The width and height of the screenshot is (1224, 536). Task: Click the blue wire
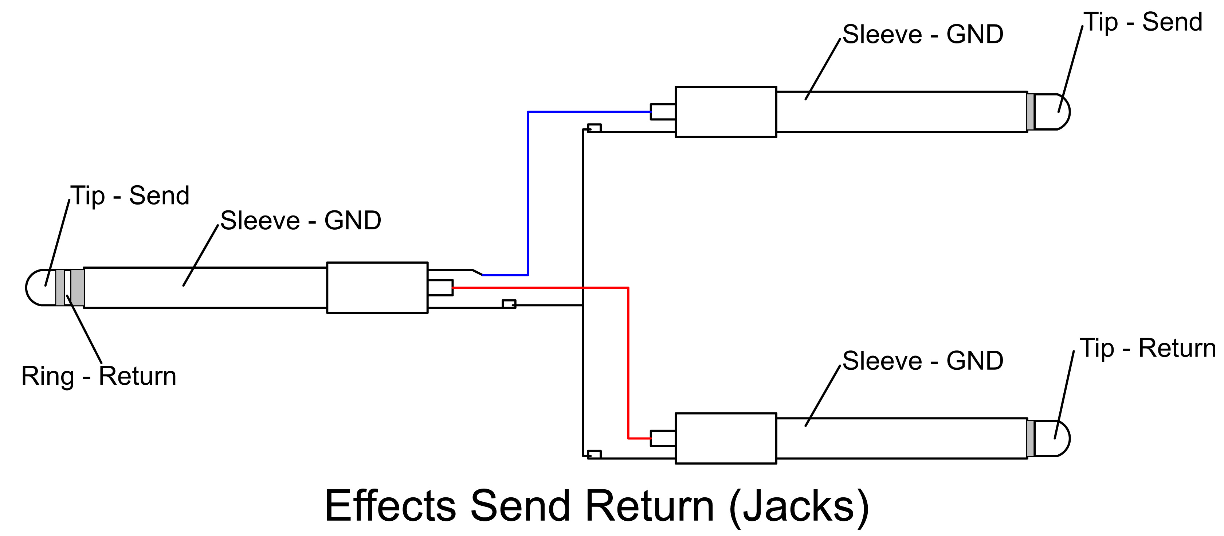pos(528,190)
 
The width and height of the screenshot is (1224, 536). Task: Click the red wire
pos(628,361)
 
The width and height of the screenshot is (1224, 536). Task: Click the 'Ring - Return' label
pos(99,376)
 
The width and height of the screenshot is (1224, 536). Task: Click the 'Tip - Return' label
pos(1147,348)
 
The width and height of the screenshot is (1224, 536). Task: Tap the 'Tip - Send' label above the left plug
pos(130,195)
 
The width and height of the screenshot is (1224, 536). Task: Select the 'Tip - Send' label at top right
pos(1143,22)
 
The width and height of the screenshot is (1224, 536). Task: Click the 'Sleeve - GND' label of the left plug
pos(300,221)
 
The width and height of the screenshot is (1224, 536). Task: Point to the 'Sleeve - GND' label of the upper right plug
pos(923,35)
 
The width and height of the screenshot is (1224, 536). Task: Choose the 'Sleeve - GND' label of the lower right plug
pos(923,361)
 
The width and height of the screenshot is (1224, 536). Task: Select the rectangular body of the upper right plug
pos(726,112)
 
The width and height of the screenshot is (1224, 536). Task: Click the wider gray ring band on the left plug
pos(78,288)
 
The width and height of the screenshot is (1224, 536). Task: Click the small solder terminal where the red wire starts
pos(440,288)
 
